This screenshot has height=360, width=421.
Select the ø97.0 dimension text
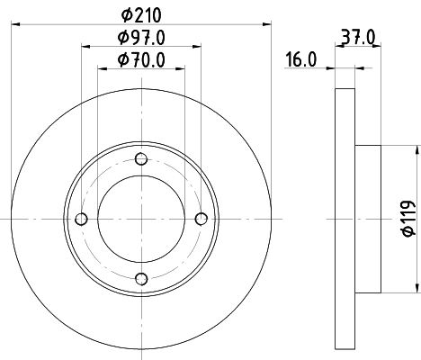coord(141,38)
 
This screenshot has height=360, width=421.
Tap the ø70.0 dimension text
coord(141,60)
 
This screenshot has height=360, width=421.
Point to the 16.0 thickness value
coord(300,60)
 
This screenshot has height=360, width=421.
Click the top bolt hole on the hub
coord(141,159)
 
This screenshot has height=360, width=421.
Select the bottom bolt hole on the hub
coord(141,278)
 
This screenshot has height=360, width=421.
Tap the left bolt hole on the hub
coord(82,219)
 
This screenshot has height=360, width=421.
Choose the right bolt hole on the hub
coord(201,219)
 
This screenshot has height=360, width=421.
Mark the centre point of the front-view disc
coord(141,219)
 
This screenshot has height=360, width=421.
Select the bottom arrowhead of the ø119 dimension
coord(416,286)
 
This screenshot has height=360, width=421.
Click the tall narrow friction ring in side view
coord(345,219)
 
